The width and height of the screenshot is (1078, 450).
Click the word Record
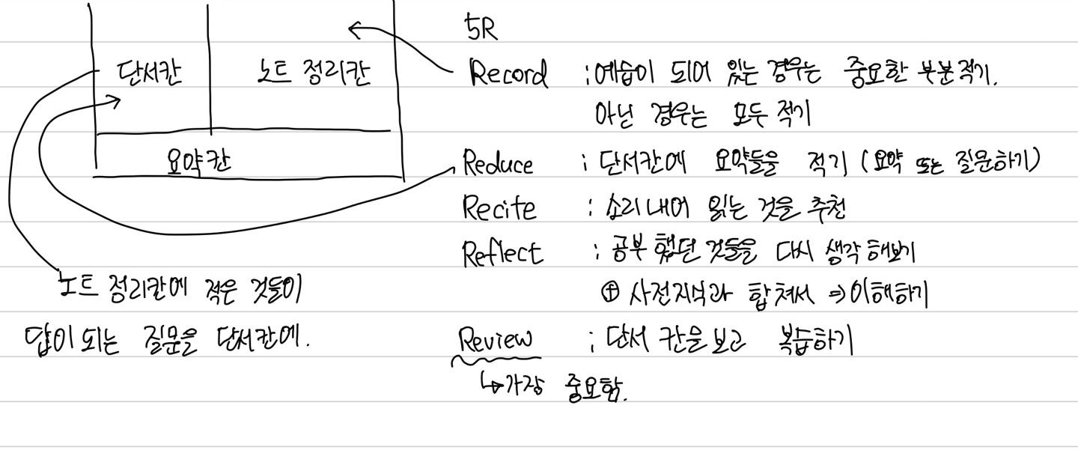(x=508, y=74)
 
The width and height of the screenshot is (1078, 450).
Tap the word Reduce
(x=498, y=163)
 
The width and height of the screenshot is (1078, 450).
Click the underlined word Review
(x=496, y=341)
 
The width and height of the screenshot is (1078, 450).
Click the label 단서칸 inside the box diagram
(x=149, y=73)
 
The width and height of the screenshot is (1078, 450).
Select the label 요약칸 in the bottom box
(x=198, y=159)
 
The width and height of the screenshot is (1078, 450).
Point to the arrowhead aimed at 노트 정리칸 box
(x=353, y=30)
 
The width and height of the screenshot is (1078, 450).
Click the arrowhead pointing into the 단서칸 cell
(x=116, y=100)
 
